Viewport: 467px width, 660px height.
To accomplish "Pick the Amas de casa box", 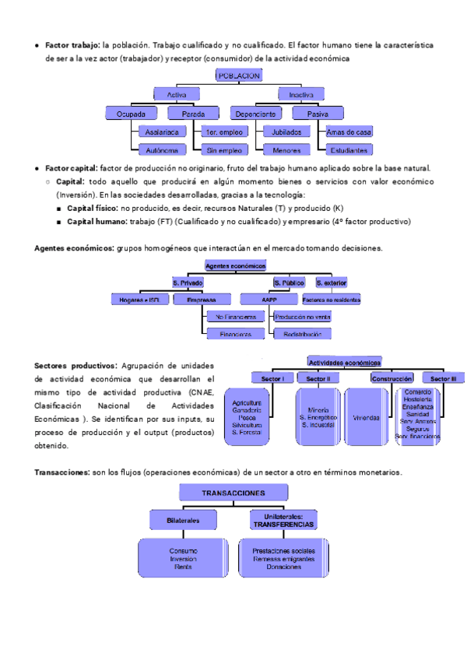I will pos(349,132).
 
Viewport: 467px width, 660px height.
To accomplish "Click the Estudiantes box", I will pos(349,149).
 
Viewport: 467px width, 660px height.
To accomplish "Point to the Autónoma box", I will pos(161,149).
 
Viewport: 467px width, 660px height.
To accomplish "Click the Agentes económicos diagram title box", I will pos(235,265).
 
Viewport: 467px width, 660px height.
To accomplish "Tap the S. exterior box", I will pos(331,282).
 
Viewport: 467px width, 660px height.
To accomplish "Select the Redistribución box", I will pos(301,333).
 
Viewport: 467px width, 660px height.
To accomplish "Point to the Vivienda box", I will pos(366,417).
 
